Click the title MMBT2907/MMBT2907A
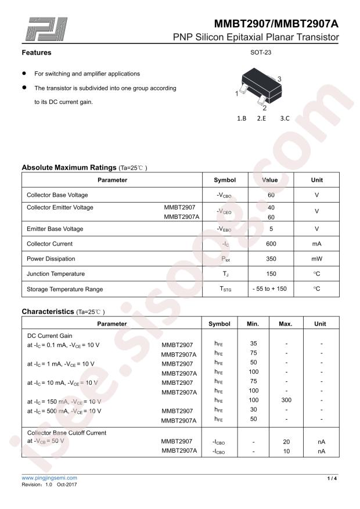pyautogui.click(x=276, y=24)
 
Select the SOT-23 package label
pyautogui.click(x=261, y=52)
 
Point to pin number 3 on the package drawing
pyautogui.click(x=280, y=79)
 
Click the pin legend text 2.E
pyautogui.click(x=261, y=118)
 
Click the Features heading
pyautogui.click(x=37, y=53)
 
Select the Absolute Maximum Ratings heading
pyautogui.click(x=69, y=167)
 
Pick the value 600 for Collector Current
pyautogui.click(x=270, y=244)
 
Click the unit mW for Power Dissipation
pyautogui.click(x=316, y=259)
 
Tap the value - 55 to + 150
pyautogui.click(x=270, y=288)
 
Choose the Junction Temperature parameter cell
pyautogui.click(x=56, y=274)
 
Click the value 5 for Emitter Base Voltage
pyautogui.click(x=270, y=229)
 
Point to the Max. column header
pyautogui.click(x=286, y=324)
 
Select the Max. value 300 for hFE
pyautogui.click(x=286, y=400)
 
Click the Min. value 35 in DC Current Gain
pyautogui.click(x=253, y=344)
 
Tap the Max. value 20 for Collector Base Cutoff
pyautogui.click(x=286, y=442)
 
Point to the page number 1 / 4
pyautogui.click(x=332, y=478)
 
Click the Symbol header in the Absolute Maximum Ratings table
pyautogui.click(x=225, y=180)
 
